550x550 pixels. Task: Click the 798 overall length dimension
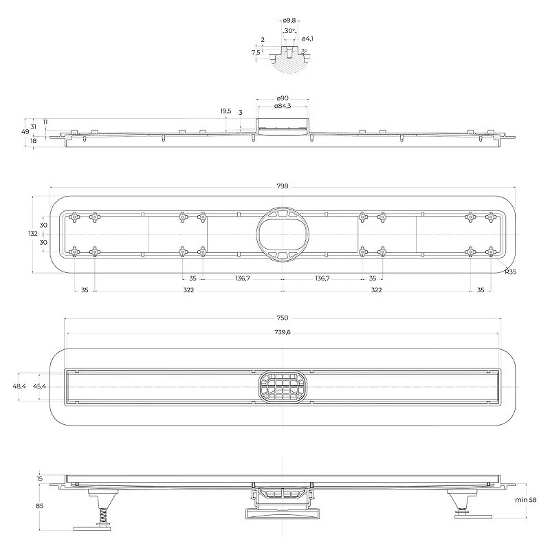283,186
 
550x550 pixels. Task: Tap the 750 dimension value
283,318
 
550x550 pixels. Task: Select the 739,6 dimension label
283,332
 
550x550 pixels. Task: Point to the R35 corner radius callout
510,272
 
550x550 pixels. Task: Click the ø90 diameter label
283,98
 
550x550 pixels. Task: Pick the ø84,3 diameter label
283,106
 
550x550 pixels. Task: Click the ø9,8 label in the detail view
289,21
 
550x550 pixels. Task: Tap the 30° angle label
289,31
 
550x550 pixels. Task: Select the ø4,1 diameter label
307,38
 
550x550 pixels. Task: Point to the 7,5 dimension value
256,53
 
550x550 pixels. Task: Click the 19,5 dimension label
225,111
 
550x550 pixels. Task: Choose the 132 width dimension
33,233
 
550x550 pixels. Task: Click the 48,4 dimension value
19,386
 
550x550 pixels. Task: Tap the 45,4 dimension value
39,386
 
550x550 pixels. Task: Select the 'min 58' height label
525,500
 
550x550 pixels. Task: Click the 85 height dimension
40,506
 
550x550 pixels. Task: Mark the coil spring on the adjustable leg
102,516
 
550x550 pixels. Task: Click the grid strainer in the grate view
283,386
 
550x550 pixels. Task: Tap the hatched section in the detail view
289,64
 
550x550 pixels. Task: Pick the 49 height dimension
25,132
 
